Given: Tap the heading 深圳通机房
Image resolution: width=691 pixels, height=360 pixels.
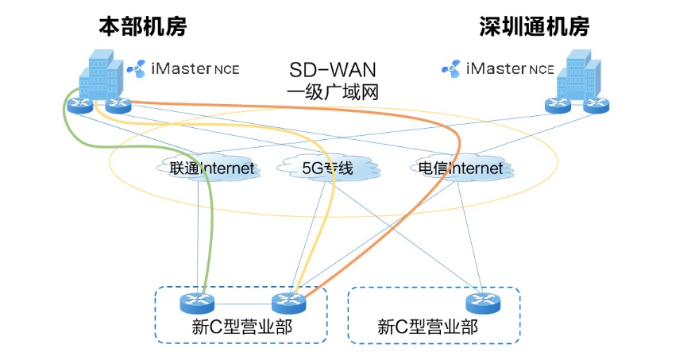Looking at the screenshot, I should pos(535,26).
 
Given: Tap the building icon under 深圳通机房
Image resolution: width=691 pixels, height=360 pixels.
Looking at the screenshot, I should pos(578,75).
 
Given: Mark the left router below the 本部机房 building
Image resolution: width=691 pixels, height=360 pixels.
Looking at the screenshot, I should pos(79,104).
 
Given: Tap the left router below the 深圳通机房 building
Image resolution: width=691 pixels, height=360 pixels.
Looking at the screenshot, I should pos(558,103).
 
